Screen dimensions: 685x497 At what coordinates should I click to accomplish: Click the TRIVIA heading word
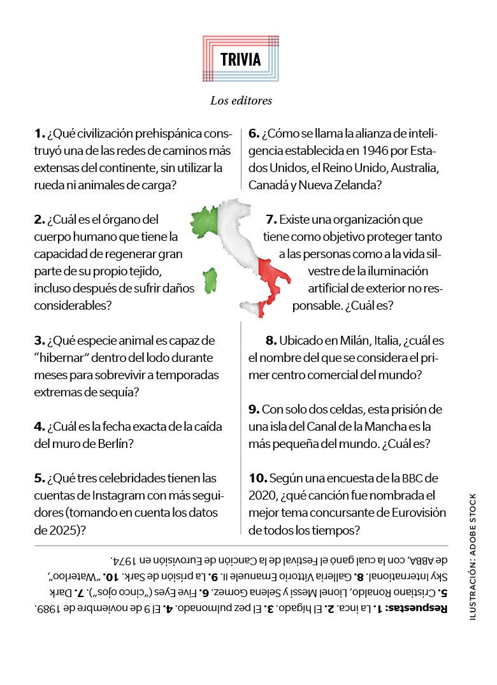(241, 60)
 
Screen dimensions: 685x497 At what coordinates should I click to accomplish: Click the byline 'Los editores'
(241, 100)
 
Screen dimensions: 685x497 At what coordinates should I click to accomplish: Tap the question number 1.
(39, 134)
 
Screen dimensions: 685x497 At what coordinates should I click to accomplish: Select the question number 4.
(39, 426)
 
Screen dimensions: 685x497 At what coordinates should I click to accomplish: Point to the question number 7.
(271, 220)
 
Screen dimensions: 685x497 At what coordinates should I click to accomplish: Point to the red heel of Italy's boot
(284, 275)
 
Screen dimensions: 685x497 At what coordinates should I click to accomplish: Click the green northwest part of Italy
(206, 220)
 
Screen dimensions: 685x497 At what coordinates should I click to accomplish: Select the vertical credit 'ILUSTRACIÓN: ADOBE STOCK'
(472, 558)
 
